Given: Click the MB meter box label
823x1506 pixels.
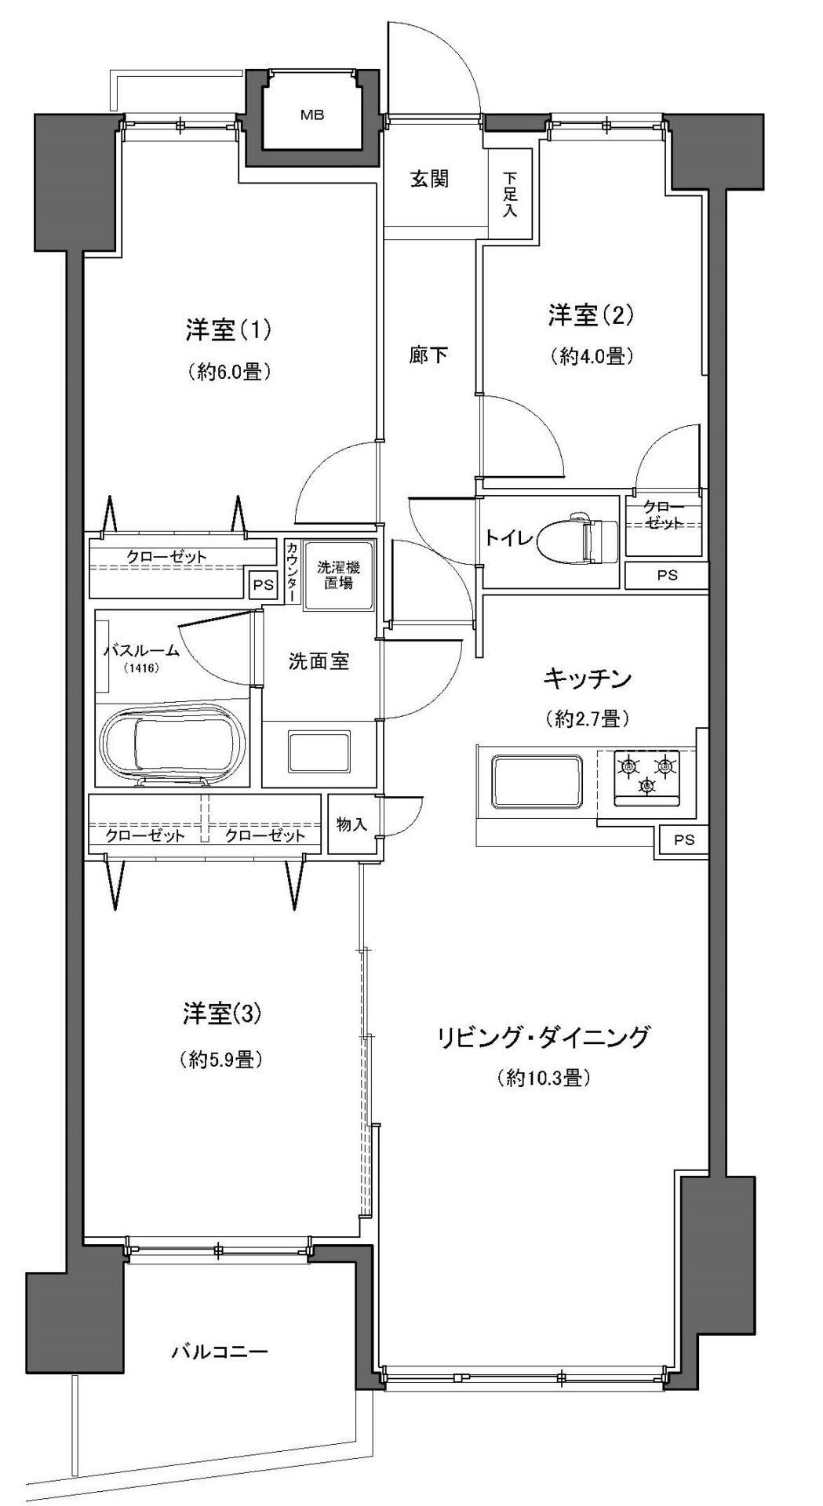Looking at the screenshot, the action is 312,115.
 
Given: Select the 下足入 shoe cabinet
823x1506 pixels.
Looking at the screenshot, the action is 510,195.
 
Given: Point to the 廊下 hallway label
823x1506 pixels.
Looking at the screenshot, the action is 429,355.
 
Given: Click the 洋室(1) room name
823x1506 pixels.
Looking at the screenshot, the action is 228,331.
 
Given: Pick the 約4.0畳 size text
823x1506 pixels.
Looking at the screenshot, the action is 591,357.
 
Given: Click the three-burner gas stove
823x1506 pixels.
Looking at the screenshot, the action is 648,777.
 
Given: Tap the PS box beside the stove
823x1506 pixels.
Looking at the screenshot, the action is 684,840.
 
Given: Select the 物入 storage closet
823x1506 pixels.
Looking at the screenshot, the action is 352,824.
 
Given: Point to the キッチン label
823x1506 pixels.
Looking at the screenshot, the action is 588,678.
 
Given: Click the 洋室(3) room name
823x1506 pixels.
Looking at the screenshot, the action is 222,1014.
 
